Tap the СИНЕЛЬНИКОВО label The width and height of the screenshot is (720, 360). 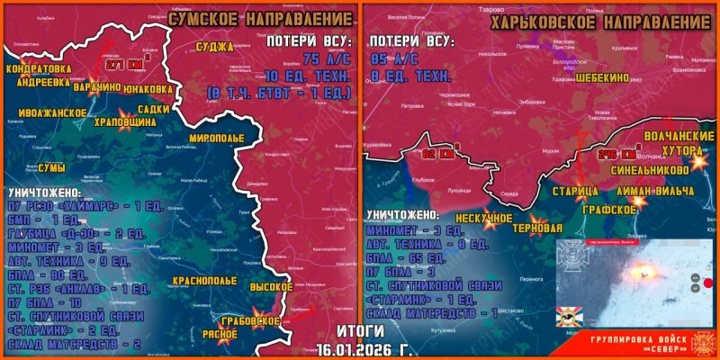click(651, 168)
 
